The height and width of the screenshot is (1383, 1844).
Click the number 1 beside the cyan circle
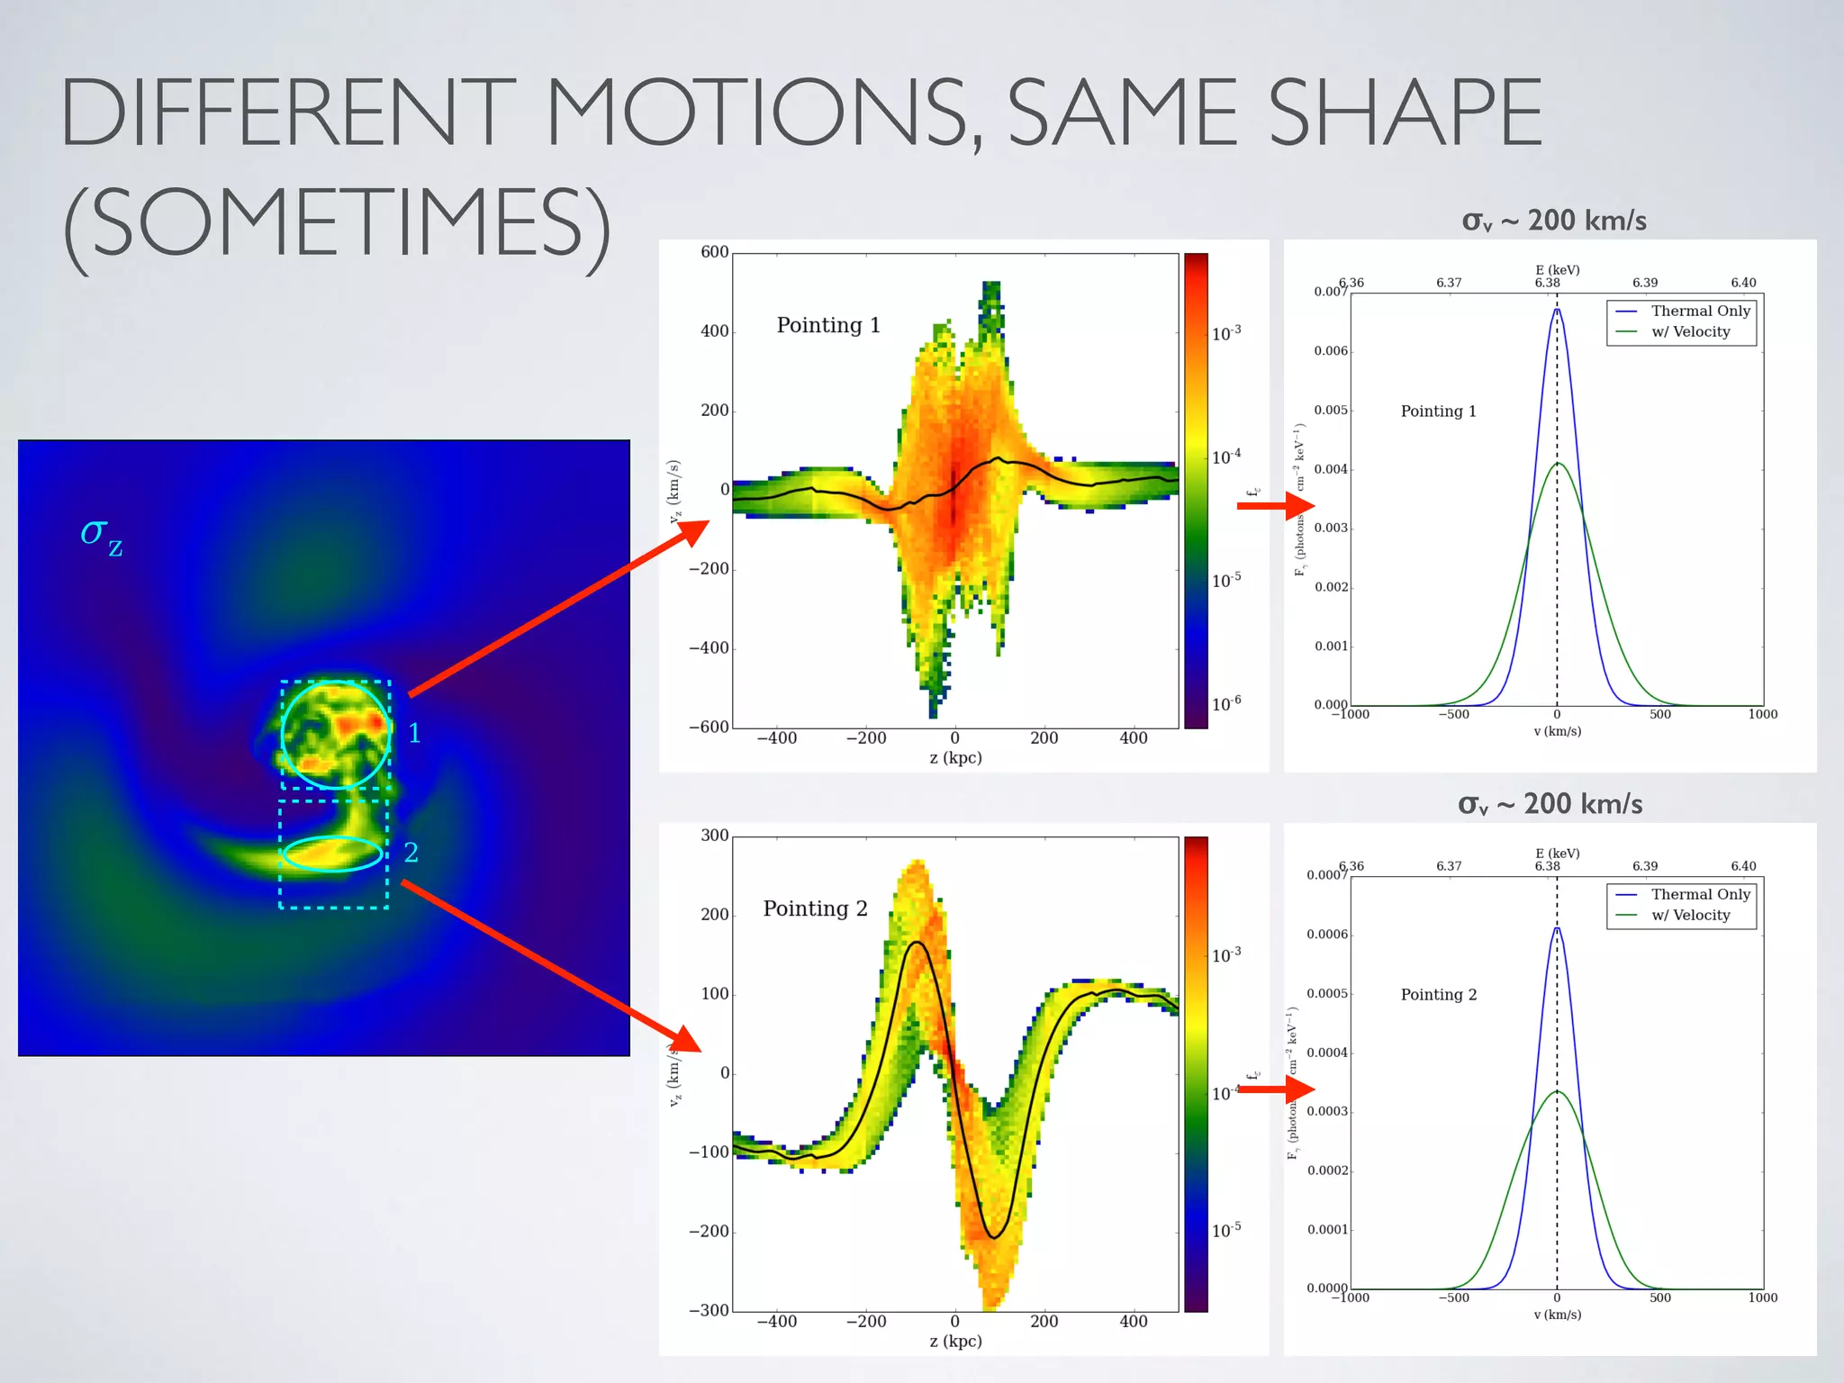(x=414, y=733)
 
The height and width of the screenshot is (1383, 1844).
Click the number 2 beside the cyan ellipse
(x=411, y=852)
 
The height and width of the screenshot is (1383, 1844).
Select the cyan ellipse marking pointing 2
(x=332, y=838)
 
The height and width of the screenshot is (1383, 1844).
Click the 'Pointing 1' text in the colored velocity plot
(x=828, y=325)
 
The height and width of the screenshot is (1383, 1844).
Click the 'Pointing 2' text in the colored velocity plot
(x=815, y=908)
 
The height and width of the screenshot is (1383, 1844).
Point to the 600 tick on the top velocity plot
(x=714, y=252)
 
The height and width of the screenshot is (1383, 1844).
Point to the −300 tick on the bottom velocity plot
(x=709, y=1310)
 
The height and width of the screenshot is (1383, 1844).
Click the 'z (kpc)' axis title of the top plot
(x=955, y=757)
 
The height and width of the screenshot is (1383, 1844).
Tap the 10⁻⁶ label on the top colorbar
(x=1225, y=704)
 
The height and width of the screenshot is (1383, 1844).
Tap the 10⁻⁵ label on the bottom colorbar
(x=1225, y=1230)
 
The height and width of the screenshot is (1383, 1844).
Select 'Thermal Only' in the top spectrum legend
(x=1700, y=311)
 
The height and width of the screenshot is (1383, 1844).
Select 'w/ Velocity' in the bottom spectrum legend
(x=1690, y=915)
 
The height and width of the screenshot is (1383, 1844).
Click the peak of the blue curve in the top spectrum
(x=1557, y=310)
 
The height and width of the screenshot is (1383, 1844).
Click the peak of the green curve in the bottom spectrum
(x=1557, y=1092)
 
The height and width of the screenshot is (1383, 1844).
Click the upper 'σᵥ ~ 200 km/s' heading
(x=1554, y=221)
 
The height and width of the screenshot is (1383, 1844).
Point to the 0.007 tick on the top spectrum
(x=1330, y=292)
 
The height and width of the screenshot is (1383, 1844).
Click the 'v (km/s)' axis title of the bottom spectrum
(x=1557, y=1315)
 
